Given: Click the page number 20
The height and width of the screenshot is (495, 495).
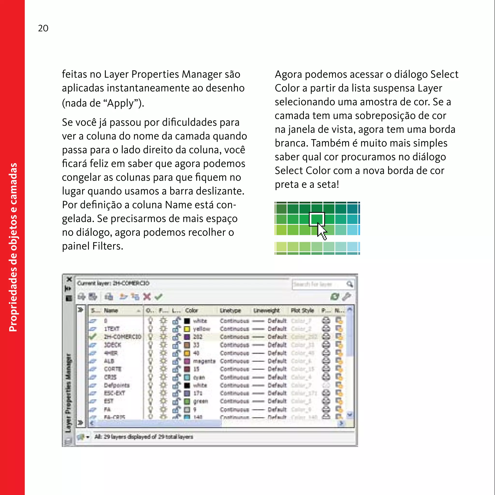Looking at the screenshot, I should coord(43,28).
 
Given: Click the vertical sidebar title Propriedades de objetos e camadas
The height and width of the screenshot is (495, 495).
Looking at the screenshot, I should coord(13,247).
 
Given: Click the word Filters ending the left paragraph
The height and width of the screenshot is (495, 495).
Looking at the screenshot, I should coord(108,246).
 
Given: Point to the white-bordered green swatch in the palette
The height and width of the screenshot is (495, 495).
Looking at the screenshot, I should coord(317,219).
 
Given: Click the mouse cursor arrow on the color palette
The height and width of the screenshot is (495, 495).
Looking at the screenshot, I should coord(321,231).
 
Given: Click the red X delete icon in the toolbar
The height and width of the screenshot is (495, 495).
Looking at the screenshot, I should coord(147,297).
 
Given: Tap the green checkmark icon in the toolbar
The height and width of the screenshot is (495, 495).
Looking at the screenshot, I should coord(159,297).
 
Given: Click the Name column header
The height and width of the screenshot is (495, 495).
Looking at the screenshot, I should coord(111,311).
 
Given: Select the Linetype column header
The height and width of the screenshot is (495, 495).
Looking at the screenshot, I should coord(230,311).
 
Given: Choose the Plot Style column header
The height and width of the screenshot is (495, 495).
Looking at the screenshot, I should coord(302,311).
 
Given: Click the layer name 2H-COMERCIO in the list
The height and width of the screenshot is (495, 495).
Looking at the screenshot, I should coord(123,337).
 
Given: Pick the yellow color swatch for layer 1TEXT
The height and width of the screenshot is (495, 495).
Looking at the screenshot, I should coord(187,329).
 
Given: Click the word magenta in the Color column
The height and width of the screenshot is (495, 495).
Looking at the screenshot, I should coord(204,361).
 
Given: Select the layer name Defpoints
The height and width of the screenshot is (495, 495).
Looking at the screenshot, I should coord(117,385).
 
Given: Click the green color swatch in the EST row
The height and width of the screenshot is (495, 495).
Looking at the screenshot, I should coord(187,401).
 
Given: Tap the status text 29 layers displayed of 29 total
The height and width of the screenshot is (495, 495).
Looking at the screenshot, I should coord(144,437).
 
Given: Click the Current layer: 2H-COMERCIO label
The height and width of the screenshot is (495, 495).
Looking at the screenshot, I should coord(113,283).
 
